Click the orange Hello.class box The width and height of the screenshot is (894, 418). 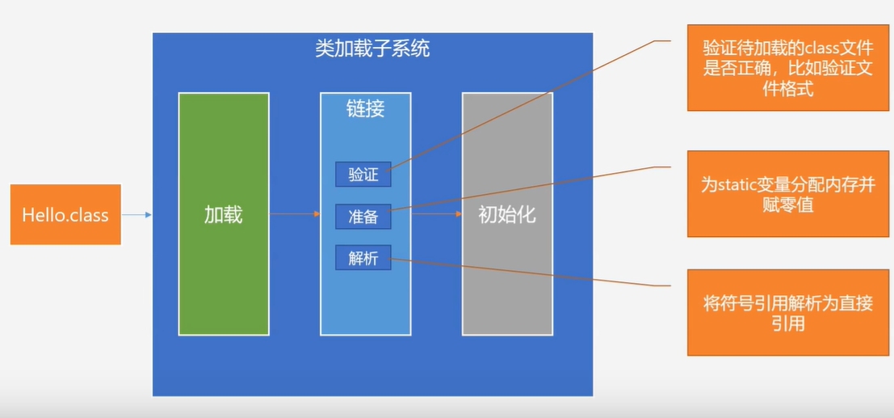tap(65, 214)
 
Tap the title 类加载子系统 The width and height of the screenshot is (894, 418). tap(372, 49)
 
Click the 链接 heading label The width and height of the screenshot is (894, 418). tap(366, 109)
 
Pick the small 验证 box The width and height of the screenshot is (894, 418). tap(363, 174)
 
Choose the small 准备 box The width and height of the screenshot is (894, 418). tap(363, 217)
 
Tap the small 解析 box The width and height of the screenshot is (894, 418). tap(363, 258)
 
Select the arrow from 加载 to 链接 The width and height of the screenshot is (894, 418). tap(295, 214)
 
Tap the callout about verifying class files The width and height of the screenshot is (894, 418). tap(788, 68)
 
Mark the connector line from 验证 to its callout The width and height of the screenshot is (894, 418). tap(525, 105)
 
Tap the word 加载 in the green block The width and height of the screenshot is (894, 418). tap(224, 215)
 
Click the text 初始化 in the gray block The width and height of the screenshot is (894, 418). tap(507, 215)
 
